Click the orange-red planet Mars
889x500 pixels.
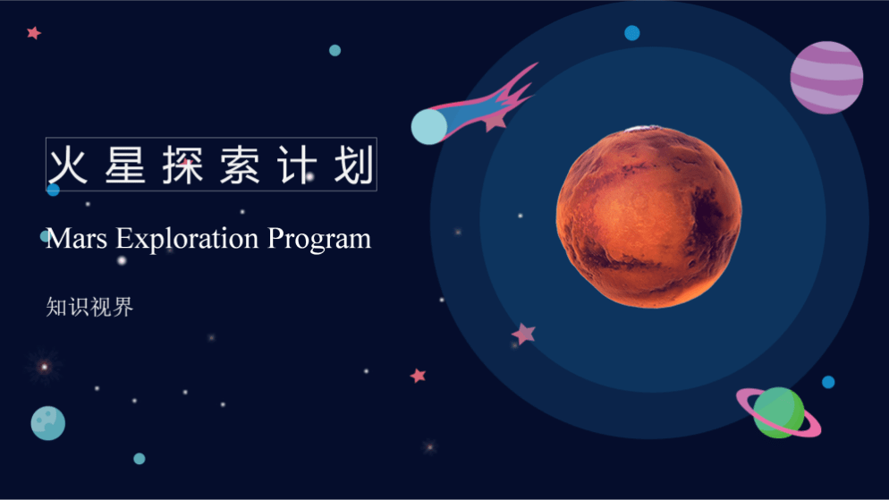click(x=648, y=216)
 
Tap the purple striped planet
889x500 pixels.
click(x=826, y=78)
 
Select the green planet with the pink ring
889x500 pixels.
click(x=778, y=412)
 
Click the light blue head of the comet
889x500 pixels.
click(x=429, y=126)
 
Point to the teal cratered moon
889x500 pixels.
click(x=48, y=423)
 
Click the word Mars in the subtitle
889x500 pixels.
click(x=77, y=239)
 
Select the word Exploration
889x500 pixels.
click(x=188, y=239)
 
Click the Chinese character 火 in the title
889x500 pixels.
click(x=67, y=165)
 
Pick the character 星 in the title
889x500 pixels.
click(x=124, y=165)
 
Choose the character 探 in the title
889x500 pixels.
click(x=182, y=165)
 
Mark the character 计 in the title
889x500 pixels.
click(x=297, y=165)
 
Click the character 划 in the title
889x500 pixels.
click(x=354, y=165)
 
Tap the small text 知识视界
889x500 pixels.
click(x=89, y=308)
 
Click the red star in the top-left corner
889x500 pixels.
click(x=34, y=33)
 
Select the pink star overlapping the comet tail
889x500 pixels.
click(x=495, y=120)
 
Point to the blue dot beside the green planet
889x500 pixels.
click(x=828, y=382)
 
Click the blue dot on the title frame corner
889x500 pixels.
click(x=54, y=190)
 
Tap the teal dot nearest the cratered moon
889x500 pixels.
click(x=139, y=459)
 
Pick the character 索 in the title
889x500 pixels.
click(x=240, y=165)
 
